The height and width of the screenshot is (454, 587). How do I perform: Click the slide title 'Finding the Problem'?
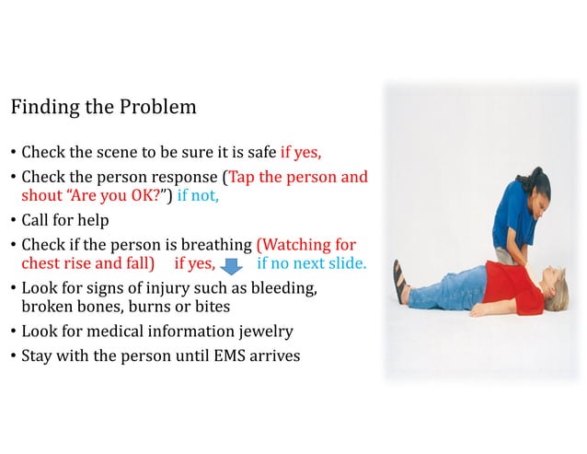103,107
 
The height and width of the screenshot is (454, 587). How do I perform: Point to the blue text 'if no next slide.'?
311,264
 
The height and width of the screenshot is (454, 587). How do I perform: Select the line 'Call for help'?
64,220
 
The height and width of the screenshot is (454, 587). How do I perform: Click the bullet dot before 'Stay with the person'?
14,355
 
